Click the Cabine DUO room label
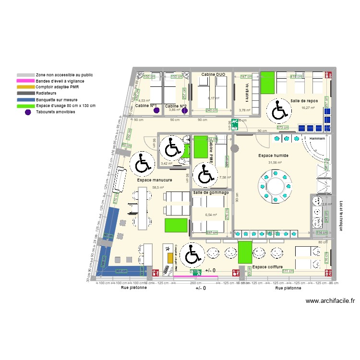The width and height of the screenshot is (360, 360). point(213,75)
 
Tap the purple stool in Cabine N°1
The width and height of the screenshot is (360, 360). point(156,111)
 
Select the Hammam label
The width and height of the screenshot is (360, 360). point(317,139)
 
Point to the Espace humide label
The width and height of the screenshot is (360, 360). point(272,156)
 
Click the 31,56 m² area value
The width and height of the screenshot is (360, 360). point(275,162)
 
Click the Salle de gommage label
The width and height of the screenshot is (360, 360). point(211,192)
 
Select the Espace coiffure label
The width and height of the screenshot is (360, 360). point(267,267)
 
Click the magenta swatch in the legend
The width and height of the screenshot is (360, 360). point(25,81)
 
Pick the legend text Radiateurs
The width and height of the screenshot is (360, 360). point(46,93)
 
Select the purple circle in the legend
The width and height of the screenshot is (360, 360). point(28,112)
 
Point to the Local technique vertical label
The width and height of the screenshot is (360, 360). point(341,216)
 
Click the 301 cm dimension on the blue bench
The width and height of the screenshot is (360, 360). point(121,271)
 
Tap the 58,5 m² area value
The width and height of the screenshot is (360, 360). point(158,188)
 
